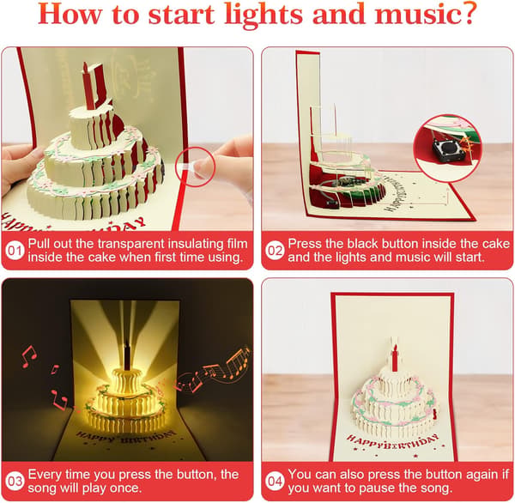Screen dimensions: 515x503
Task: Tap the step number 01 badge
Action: pyautogui.click(x=15, y=251)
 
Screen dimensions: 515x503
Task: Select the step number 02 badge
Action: pyautogui.click(x=275, y=251)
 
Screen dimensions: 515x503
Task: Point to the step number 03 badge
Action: pyautogui.click(x=15, y=482)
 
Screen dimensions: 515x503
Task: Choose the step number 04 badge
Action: pyautogui.click(x=275, y=482)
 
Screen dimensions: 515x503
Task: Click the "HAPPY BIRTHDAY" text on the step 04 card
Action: pyautogui.click(x=393, y=442)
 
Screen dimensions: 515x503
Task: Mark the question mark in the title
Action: pyautogui.click(x=469, y=14)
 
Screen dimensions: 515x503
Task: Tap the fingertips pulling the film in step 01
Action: pyautogui.click(x=203, y=167)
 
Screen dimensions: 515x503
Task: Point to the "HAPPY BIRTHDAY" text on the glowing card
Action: pyautogui.click(x=126, y=437)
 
